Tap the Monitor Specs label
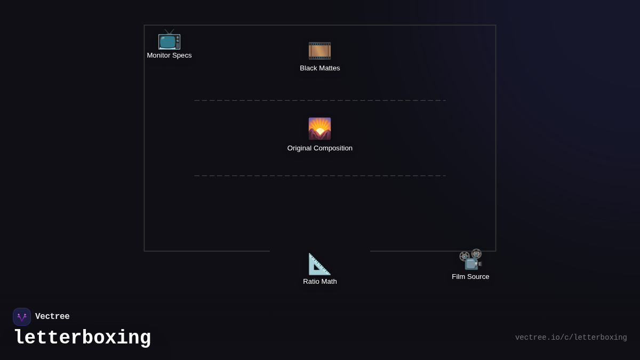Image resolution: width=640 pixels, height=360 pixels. click(169, 55)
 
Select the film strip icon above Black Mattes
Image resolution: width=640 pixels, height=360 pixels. click(319, 51)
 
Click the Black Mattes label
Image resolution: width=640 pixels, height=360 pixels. click(319, 68)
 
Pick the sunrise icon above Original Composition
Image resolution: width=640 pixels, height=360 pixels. click(319, 129)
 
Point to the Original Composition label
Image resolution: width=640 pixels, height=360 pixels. click(319, 148)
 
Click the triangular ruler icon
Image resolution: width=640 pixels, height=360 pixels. click(319, 265)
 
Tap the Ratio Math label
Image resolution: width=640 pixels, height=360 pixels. click(319, 282)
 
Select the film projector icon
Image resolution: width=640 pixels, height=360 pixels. click(470, 260)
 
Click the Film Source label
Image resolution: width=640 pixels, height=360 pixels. click(470, 277)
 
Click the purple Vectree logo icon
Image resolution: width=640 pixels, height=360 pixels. click(22, 317)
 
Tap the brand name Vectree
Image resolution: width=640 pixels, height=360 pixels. click(52, 317)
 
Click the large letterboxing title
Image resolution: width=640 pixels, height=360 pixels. click(83, 338)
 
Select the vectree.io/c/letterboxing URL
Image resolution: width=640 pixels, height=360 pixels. click(571, 338)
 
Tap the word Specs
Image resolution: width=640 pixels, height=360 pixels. click(182, 55)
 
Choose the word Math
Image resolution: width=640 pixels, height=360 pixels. click(329, 282)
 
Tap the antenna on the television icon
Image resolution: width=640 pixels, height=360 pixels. click(170, 31)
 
